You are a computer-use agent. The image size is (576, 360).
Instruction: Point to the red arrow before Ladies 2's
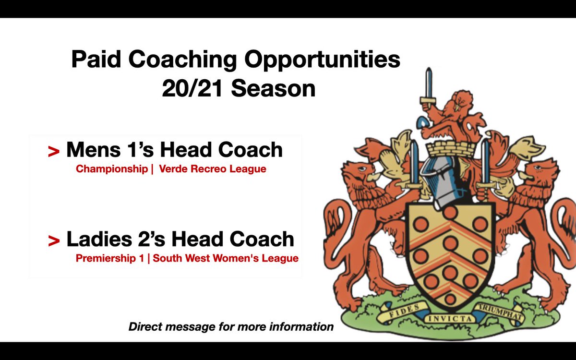(x=54, y=241)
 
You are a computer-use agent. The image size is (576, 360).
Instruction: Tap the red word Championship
(x=110, y=169)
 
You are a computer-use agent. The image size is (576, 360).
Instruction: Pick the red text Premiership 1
(x=109, y=259)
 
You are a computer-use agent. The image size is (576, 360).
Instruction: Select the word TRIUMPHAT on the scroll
(x=501, y=310)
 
